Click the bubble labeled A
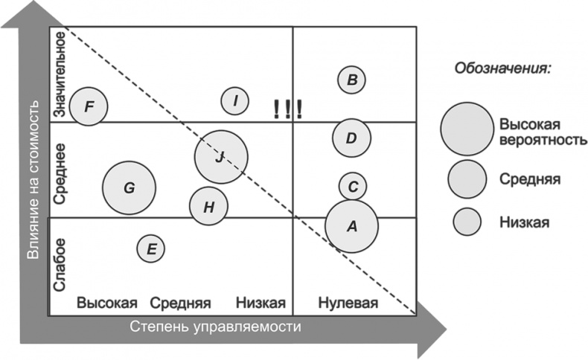[x=352, y=226]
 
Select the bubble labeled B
[x=352, y=80]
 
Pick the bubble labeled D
[x=351, y=138]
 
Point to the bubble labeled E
[x=151, y=248]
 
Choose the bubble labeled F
[x=89, y=106]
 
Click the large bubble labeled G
[x=129, y=187]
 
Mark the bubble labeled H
[x=209, y=206]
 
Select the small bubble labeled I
[x=235, y=100]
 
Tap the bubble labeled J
[x=220, y=156]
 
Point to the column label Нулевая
[x=348, y=303]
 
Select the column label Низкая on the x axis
[x=261, y=303]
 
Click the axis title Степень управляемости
[x=216, y=327]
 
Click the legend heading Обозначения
[x=502, y=69]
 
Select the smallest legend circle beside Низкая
[x=467, y=222]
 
